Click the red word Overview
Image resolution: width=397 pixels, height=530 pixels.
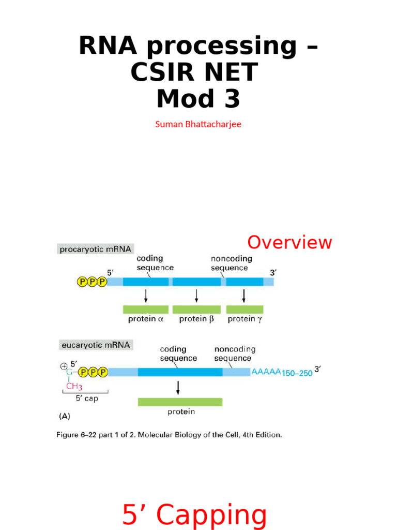pos(289,242)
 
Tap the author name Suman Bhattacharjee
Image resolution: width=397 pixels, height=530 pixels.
pos(198,125)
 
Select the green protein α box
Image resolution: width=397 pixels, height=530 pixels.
pos(146,309)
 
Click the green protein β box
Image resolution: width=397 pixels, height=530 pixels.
pos(196,309)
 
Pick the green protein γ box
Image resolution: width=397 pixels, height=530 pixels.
pos(245,309)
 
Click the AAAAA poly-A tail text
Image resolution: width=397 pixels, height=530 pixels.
pos(266,372)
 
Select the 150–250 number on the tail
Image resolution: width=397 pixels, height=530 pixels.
pos(297,373)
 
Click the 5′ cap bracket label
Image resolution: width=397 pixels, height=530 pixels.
pos(86,399)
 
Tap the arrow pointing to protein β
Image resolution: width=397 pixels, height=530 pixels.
pos(196,295)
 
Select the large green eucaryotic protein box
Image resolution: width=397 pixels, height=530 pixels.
pos(180,402)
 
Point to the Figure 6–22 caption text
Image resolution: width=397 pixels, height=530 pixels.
pos(169,435)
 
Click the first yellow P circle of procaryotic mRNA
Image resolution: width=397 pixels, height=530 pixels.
pos(82,282)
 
